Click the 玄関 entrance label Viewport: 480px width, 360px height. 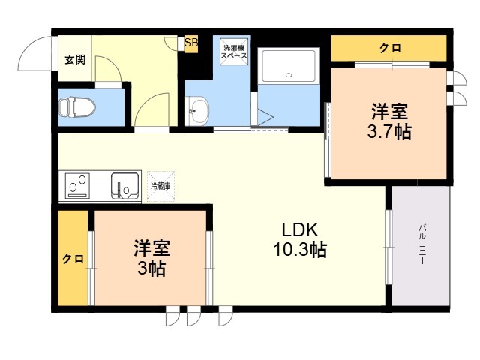[x=73, y=60]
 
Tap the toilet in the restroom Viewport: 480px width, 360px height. [x=77, y=107]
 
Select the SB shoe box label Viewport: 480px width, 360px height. [x=191, y=43]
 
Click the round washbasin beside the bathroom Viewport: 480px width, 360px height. [x=197, y=113]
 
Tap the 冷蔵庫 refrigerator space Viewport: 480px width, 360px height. [x=161, y=184]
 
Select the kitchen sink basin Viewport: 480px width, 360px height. [x=124, y=184]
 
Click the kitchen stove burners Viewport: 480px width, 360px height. [x=77, y=184]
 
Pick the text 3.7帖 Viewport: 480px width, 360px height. [x=389, y=133]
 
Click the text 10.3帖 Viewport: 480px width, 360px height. [x=300, y=250]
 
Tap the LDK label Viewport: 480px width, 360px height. [x=300, y=229]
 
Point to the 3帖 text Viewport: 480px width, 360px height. [x=151, y=268]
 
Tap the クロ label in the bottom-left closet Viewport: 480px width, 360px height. [x=72, y=259]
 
